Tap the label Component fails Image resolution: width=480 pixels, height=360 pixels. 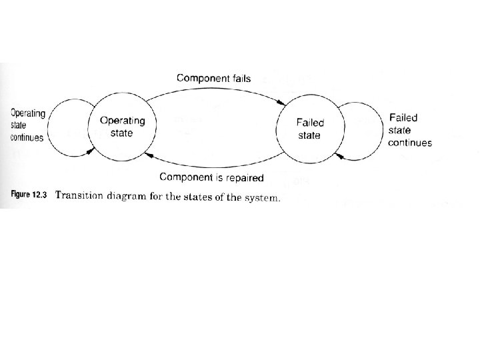tap(213, 78)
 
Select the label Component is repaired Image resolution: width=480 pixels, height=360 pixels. tap(212, 178)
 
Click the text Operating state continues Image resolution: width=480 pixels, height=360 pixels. tap(27, 125)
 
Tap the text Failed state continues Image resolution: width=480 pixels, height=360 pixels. tap(409, 130)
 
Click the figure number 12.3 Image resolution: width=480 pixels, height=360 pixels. tap(41, 196)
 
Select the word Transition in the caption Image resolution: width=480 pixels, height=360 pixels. tap(81, 196)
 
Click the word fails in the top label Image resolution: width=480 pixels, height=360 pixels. tap(238, 78)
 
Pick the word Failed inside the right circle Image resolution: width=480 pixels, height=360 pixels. tap(309, 123)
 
